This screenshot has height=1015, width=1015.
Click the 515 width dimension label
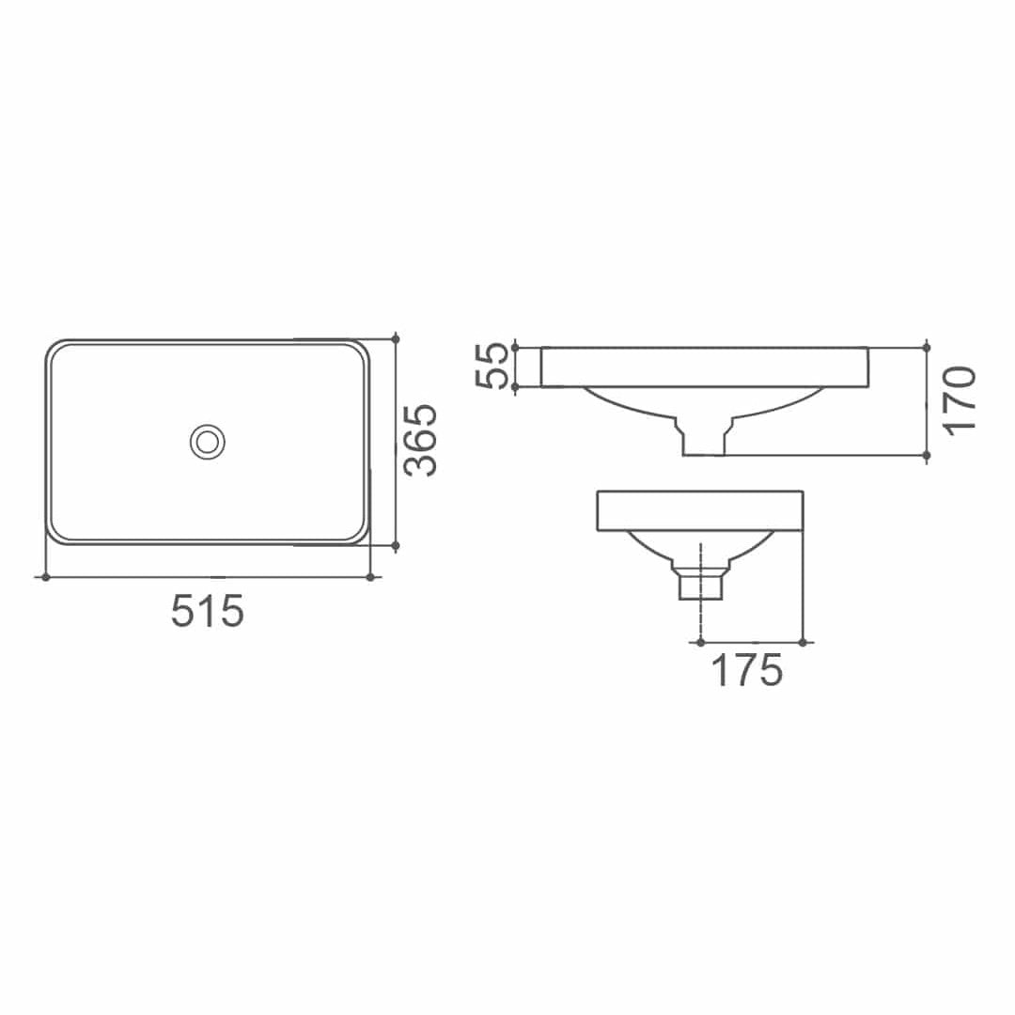tap(208, 612)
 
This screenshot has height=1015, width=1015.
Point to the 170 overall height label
tap(960, 400)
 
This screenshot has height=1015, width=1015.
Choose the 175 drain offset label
tap(747, 671)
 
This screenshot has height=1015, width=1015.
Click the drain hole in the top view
tap(207, 441)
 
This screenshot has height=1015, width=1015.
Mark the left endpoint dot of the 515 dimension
tap(44, 576)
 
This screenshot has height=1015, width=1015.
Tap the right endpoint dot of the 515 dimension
tap(370, 576)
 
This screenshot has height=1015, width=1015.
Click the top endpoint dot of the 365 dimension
tap(396, 338)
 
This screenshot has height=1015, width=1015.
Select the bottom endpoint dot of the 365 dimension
tap(396, 545)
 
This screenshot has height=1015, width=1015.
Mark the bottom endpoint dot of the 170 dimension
tap(927, 455)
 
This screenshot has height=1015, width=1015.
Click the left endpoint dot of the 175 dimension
tap(701, 642)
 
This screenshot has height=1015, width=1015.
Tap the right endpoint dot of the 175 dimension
tap(803, 642)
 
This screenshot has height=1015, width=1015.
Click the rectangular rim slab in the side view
tap(700, 510)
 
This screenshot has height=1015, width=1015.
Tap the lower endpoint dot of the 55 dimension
tap(515, 386)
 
